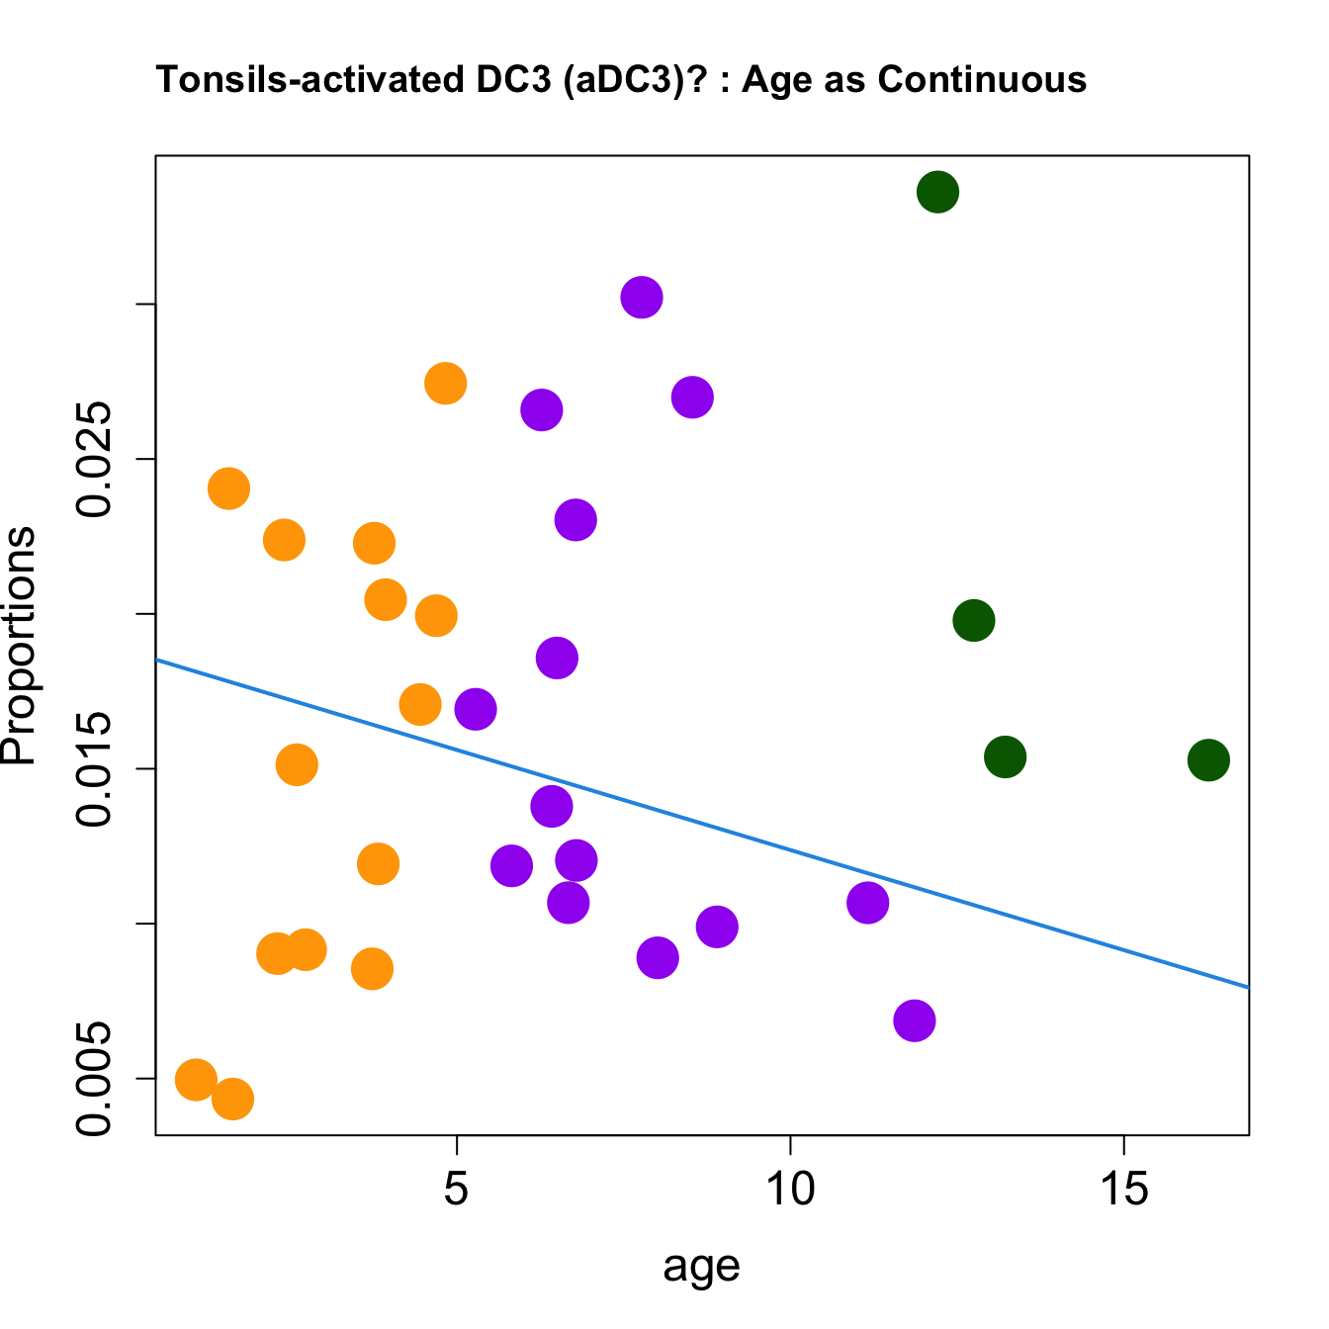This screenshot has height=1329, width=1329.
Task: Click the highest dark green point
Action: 937,192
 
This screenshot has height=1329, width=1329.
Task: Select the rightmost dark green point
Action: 1208,759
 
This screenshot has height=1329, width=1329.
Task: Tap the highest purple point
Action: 642,297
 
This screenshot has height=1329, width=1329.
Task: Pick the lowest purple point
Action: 915,1020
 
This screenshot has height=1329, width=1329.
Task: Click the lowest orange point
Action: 233,1099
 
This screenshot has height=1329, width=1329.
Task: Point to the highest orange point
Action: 446,383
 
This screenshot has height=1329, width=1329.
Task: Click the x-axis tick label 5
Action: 456,1190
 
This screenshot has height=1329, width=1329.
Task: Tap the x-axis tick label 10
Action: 790,1190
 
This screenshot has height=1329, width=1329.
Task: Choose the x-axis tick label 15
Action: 1124,1190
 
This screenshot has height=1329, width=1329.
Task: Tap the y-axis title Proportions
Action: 20,646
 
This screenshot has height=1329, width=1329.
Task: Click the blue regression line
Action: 702,823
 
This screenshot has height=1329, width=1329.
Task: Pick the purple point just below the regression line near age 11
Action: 867,902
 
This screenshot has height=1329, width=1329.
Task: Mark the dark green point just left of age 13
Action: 974,620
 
